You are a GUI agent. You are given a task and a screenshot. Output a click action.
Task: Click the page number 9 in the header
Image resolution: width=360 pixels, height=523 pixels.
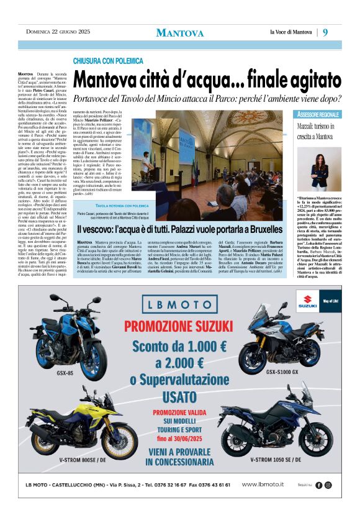(325, 32)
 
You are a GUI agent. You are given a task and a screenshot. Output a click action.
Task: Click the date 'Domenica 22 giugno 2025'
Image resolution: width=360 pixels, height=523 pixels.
(58, 32)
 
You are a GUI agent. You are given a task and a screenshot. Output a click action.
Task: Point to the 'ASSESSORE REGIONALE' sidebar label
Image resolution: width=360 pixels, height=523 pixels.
(318, 115)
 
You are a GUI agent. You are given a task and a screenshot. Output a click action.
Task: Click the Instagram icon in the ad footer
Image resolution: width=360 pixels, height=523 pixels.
(328, 485)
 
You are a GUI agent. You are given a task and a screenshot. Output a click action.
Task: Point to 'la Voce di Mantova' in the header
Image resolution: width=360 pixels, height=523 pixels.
(290, 32)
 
